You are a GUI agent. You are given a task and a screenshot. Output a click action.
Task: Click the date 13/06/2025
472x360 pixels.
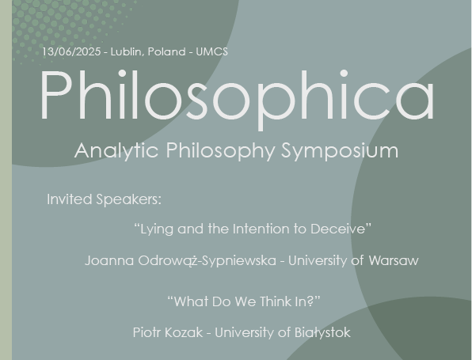[x=71, y=51]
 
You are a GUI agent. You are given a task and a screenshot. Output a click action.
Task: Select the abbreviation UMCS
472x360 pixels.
[x=212, y=51]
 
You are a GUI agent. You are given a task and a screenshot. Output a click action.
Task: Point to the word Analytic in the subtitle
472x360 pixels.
[x=116, y=151]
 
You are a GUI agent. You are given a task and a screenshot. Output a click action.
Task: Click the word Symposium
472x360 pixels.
[x=340, y=151]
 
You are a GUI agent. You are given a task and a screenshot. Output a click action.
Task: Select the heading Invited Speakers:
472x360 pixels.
[x=105, y=199]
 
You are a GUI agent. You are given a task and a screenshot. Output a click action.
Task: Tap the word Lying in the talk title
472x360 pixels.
[x=157, y=229]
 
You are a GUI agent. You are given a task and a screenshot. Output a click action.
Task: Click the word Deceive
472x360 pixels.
[x=337, y=229]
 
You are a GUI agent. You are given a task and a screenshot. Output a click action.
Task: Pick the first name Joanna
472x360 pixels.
[x=109, y=260]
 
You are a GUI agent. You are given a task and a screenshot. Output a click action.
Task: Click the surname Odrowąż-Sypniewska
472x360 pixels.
[x=207, y=261]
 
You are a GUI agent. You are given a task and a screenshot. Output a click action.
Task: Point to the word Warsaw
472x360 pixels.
[x=394, y=260]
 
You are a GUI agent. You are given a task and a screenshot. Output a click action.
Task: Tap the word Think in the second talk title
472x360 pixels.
[x=276, y=301]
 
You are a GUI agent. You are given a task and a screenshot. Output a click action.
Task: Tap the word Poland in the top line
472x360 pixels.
[x=166, y=51]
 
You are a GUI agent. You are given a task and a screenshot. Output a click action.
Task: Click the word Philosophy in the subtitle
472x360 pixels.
[x=220, y=151]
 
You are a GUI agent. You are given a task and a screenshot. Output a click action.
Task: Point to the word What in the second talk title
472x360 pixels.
[x=192, y=301]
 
